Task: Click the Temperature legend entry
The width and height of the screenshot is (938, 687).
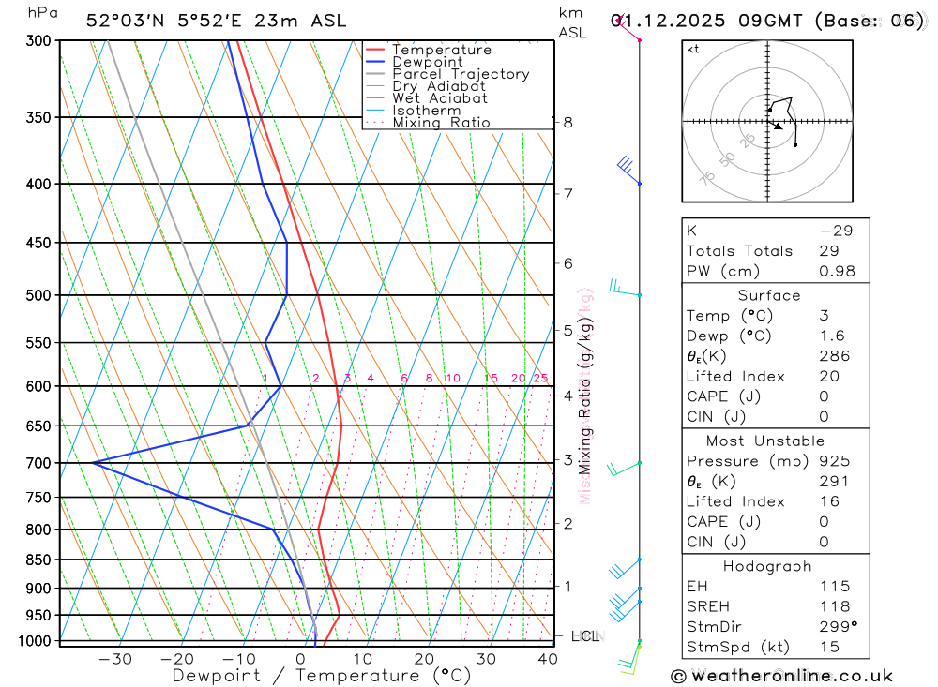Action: pyautogui.click(x=441, y=50)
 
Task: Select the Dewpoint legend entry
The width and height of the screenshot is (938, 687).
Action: pyautogui.click(x=427, y=62)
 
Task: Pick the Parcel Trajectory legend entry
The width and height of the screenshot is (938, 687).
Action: pyautogui.click(x=460, y=74)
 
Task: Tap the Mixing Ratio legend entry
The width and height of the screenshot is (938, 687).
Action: pyautogui.click(x=441, y=123)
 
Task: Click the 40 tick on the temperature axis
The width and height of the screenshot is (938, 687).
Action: pyautogui.click(x=547, y=659)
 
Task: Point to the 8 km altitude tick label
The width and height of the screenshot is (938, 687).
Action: pyautogui.click(x=567, y=123)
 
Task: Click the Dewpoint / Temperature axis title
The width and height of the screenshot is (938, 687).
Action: pyautogui.click(x=322, y=676)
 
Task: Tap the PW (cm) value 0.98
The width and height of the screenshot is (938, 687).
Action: pyautogui.click(x=837, y=271)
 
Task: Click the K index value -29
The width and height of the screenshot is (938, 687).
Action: pyautogui.click(x=835, y=231)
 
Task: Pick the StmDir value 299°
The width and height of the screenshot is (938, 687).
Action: pyautogui.click(x=837, y=627)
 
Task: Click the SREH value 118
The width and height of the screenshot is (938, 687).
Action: pyautogui.click(x=834, y=606)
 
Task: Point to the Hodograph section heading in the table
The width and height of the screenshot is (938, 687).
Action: pyautogui.click(x=767, y=566)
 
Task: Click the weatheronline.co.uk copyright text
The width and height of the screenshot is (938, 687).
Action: pyautogui.click(x=781, y=676)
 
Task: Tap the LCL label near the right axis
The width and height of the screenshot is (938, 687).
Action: pyautogui.click(x=585, y=637)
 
